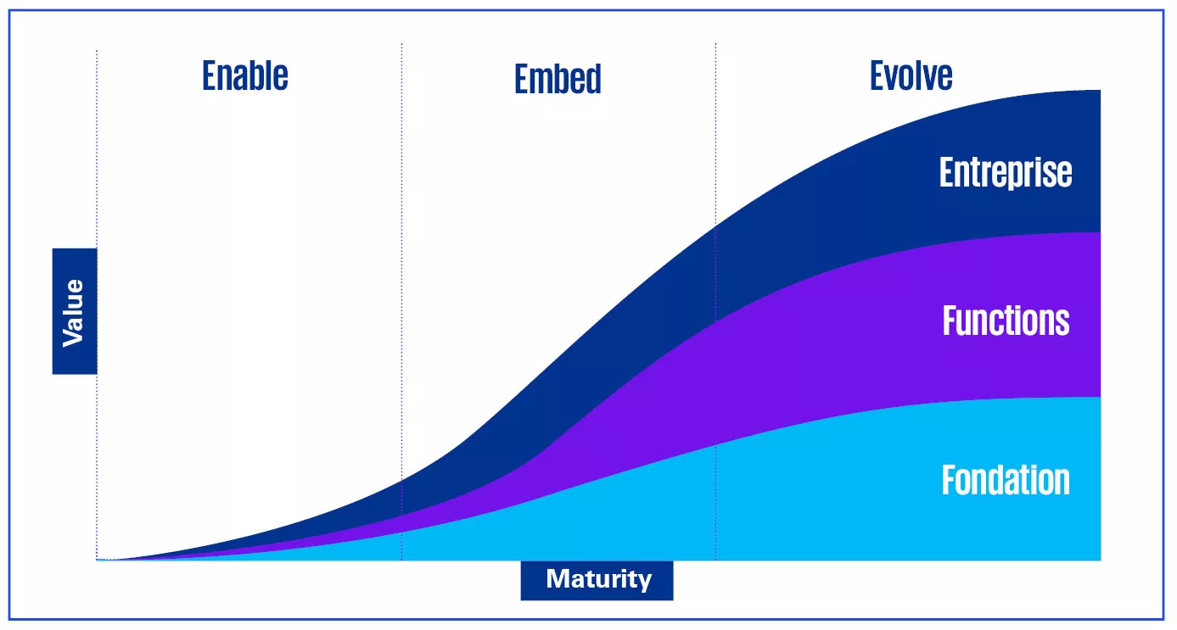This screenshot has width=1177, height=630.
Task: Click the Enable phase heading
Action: click(245, 75)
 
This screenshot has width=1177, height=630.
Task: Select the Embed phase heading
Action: click(558, 79)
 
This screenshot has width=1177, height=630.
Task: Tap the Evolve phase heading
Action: click(911, 75)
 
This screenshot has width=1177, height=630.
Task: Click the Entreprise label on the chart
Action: click(1005, 173)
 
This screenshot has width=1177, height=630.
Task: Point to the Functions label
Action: click(1006, 321)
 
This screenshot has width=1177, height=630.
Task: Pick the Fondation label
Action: click(1006, 480)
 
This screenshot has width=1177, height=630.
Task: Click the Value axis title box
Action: click(75, 311)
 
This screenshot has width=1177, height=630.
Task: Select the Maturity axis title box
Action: click(597, 580)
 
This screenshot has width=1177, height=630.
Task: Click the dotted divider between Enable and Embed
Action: click(401, 254)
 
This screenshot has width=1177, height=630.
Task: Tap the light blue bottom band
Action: click(849, 500)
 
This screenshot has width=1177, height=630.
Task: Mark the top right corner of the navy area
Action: click(1099, 91)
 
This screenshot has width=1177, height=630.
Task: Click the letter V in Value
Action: click(73, 338)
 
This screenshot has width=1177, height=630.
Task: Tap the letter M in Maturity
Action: click(556, 580)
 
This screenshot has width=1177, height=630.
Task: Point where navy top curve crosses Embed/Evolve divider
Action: click(715, 226)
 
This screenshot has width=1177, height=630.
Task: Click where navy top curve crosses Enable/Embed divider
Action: click(401, 480)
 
